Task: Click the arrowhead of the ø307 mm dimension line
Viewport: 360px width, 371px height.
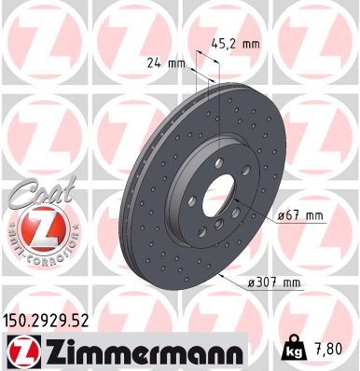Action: tap(217, 275)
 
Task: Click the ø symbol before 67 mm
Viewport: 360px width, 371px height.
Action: tap(281, 217)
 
